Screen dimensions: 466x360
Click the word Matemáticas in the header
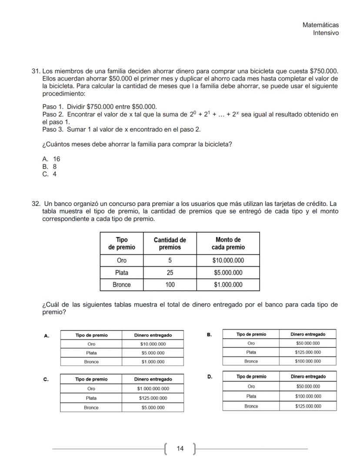pos(320,25)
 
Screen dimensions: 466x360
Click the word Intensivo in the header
pos(326,33)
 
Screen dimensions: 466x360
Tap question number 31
pos(36,71)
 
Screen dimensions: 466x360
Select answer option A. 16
pos(51,159)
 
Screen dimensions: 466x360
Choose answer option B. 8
pos(49,167)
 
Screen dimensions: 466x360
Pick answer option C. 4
pos(49,174)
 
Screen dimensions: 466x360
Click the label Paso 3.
pos(53,130)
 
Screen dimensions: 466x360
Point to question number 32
pos(36,204)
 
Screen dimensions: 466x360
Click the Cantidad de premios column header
pos(170,244)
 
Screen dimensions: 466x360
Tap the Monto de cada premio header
pos(228,244)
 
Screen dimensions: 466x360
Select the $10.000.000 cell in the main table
pos(228,261)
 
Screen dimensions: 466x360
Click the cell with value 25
pos(170,273)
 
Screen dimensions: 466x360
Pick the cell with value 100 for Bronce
pos(170,285)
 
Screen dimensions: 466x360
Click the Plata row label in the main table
pos(122,273)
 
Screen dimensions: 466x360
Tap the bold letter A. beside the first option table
pos(47,335)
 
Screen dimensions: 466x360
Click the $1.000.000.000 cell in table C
pos(153,389)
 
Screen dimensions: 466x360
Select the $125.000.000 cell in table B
pos(307,352)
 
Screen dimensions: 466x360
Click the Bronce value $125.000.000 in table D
pos(307,406)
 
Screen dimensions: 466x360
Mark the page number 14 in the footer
pos(180,448)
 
